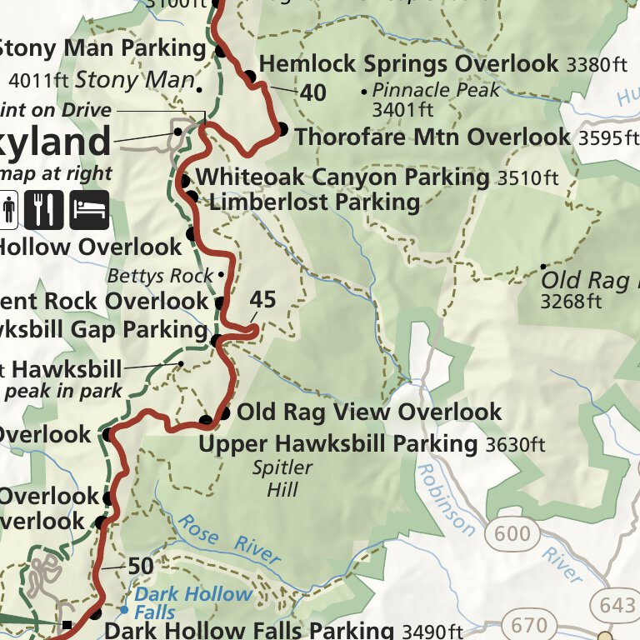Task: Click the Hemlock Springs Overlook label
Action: click(x=408, y=64)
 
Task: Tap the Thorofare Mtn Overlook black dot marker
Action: click(x=282, y=129)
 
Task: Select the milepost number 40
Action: click(x=312, y=92)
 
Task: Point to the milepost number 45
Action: click(x=262, y=300)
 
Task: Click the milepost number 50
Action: click(x=141, y=567)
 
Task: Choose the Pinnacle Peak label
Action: click(x=436, y=90)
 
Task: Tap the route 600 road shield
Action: click(x=512, y=533)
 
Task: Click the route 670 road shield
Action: click(x=529, y=624)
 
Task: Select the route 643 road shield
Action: click(x=617, y=605)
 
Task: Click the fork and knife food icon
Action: click(x=44, y=209)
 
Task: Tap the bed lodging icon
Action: click(x=88, y=209)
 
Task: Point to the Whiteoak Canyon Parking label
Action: click(x=342, y=177)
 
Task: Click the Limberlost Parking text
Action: click(x=314, y=202)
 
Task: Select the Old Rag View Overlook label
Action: click(x=369, y=412)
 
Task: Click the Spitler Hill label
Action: click(x=283, y=477)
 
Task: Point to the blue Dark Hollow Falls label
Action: click(x=192, y=603)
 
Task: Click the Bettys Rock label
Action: click(x=162, y=275)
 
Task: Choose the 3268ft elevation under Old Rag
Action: click(x=571, y=301)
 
